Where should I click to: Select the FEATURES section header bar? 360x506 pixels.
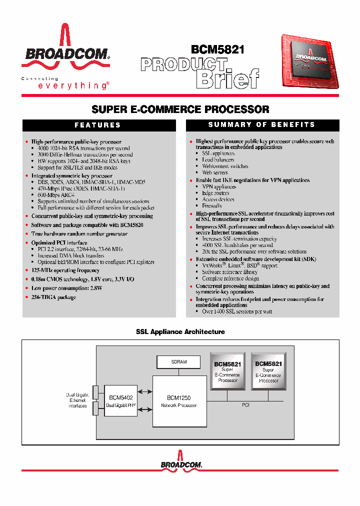(97, 125)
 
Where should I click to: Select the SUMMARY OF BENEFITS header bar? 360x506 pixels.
(261, 124)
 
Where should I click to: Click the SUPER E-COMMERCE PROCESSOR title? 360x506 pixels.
(180, 109)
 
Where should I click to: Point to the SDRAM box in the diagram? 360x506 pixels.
(178, 361)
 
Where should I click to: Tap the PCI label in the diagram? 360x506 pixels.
(245, 404)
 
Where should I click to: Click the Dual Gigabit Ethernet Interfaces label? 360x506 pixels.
(77, 400)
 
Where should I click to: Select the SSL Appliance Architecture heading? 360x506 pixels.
(180, 331)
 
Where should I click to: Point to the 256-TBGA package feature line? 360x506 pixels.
(54, 297)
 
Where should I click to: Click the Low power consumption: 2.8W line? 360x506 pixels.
(63, 288)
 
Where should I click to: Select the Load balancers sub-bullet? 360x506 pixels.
(218, 160)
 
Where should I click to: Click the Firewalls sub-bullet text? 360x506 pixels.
(211, 205)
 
